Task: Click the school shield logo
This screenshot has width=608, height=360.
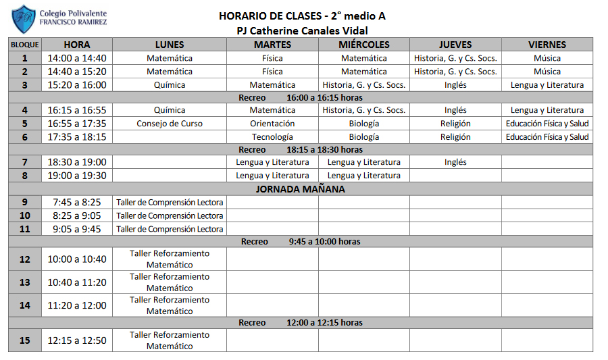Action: [24, 19]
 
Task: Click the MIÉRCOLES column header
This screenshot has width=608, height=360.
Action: [364, 45]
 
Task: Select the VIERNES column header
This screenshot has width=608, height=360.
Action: [547, 45]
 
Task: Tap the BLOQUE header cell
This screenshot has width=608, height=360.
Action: [25, 45]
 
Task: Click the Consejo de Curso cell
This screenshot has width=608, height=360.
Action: [170, 124]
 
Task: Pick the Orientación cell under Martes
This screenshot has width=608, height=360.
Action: [272, 124]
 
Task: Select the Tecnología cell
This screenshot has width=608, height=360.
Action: [272, 136]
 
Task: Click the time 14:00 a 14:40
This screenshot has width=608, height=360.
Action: [77, 58]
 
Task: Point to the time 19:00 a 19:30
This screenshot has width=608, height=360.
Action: [77, 176]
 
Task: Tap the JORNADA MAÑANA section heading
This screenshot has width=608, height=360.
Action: [301, 189]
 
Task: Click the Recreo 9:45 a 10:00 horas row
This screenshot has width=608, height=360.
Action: [301, 241]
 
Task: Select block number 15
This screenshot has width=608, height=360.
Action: [25, 340]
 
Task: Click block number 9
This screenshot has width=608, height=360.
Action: [25, 202]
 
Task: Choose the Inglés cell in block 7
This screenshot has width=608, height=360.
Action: [455, 162]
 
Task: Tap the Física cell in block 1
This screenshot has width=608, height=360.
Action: [272, 58]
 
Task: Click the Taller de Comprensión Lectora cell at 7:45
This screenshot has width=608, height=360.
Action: [170, 202]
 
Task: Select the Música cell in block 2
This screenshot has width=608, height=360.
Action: [547, 72]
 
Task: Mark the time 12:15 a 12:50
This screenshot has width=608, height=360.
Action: [77, 340]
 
